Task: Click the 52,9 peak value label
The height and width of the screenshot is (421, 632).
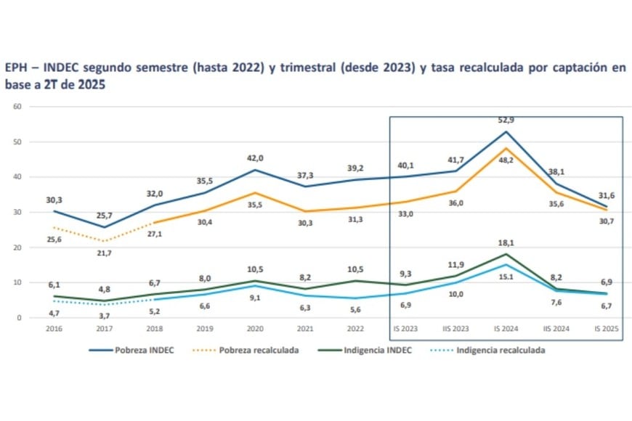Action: (506, 120)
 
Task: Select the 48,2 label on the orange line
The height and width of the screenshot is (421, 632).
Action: (506, 161)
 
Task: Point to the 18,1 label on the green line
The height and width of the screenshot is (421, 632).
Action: (506, 243)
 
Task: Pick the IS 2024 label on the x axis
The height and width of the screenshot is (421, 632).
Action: (506, 328)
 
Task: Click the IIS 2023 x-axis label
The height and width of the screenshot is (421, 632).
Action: (455, 328)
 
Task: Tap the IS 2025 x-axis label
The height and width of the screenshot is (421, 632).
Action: (606, 328)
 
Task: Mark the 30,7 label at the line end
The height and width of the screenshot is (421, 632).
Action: (606, 221)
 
